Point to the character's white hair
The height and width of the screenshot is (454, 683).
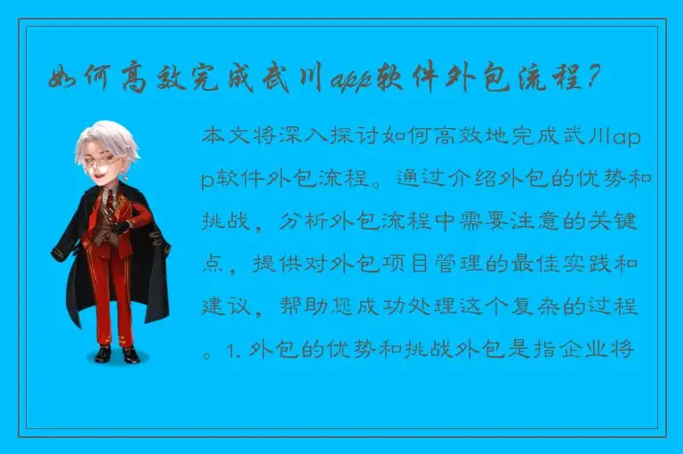pyautogui.click(x=107, y=138)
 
